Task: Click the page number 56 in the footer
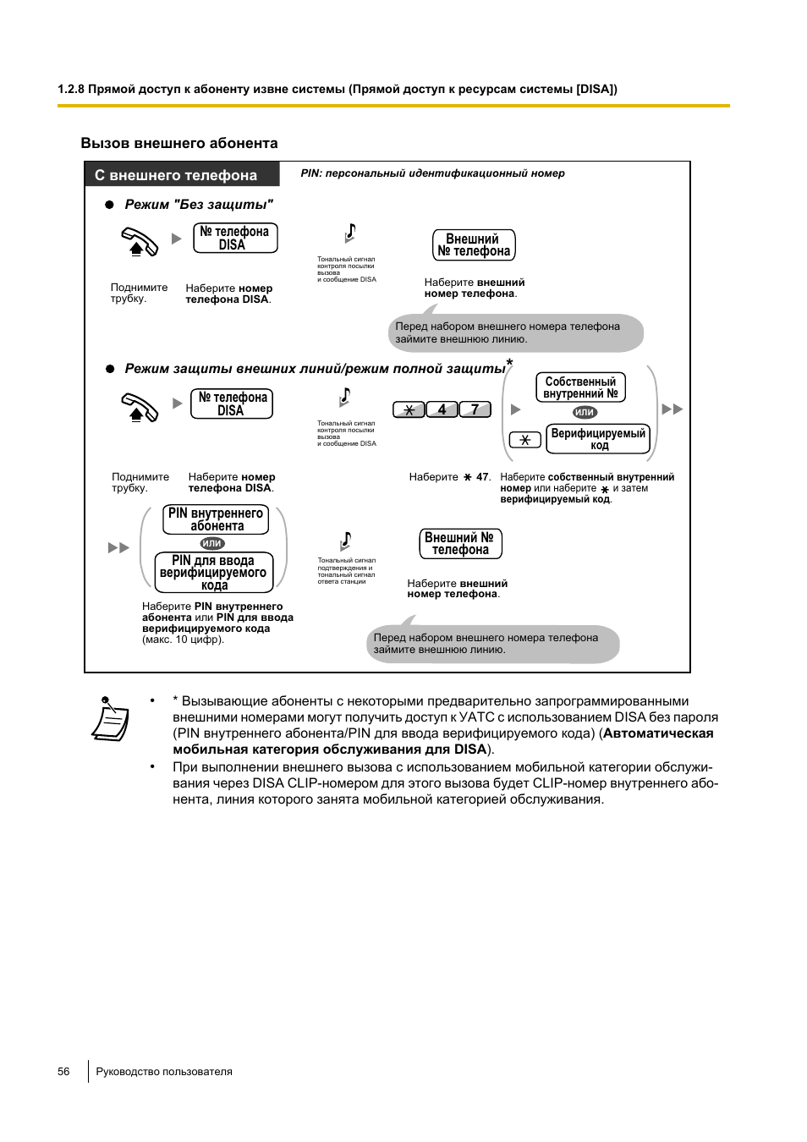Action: [x=63, y=1071]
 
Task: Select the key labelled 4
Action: [x=442, y=409]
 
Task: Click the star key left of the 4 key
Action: [x=409, y=409]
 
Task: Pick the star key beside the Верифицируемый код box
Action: [x=524, y=440]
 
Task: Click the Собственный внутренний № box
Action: [x=580, y=387]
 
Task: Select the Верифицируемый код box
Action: [x=598, y=439]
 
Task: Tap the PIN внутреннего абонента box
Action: [x=216, y=519]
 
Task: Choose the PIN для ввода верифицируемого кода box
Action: [x=214, y=573]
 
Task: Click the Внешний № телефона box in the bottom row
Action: [x=460, y=544]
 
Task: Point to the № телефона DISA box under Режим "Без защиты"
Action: [x=235, y=238]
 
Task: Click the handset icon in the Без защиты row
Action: [x=140, y=242]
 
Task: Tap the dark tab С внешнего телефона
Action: [x=182, y=175]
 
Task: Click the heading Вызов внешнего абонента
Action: [x=179, y=143]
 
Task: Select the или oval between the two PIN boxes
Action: [x=212, y=543]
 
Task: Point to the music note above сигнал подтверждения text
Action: [x=345, y=541]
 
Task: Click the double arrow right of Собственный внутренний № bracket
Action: [x=672, y=409]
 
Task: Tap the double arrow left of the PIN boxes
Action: [x=118, y=548]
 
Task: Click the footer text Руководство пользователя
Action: [x=164, y=1071]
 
